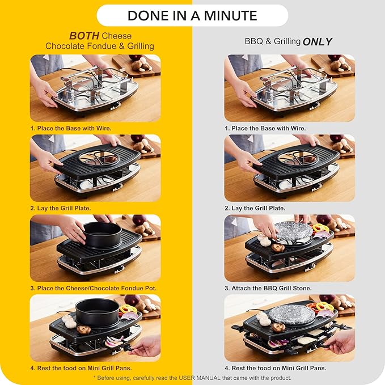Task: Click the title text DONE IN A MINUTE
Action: pos(192,15)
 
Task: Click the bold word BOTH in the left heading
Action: pos(85,35)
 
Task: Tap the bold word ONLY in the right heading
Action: pos(318,41)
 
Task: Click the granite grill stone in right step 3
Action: pos(293,231)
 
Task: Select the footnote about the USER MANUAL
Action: pos(192,378)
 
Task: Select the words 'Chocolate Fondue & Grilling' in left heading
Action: pos(99,46)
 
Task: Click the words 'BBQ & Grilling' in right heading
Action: pos(272,41)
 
